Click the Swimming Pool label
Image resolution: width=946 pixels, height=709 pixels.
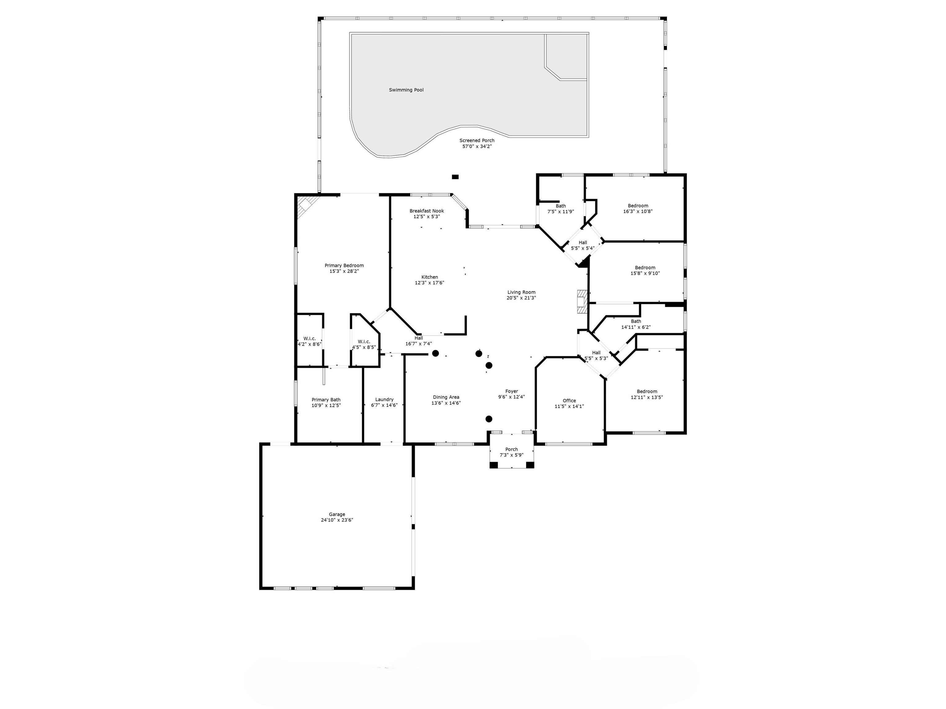tap(406, 90)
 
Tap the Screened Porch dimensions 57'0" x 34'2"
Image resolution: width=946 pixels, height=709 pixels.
tap(477, 146)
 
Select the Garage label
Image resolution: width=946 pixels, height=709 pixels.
tap(337, 515)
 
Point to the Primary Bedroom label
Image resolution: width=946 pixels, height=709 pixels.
tap(344, 265)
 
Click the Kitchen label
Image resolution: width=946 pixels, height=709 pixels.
tap(430, 277)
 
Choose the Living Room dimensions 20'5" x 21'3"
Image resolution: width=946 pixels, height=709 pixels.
tap(521, 298)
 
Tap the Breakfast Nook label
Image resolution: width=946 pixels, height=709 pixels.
tap(427, 211)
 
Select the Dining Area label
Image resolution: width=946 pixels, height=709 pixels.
tap(446, 397)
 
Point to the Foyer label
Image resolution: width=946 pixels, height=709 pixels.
tap(511, 391)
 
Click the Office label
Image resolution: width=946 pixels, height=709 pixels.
tap(569, 400)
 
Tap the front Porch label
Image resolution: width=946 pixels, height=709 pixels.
tap(511, 449)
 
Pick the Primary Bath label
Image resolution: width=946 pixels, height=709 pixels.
tap(326, 400)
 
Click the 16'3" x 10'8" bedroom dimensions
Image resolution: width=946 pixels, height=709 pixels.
tap(638, 211)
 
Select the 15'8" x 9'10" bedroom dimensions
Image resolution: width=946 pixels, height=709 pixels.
tap(645, 273)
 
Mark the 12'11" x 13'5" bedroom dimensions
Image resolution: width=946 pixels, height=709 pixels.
tap(647, 397)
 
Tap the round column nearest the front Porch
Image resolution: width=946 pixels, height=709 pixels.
tap(489, 419)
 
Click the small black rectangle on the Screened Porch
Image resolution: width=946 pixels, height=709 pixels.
tap(455, 177)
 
